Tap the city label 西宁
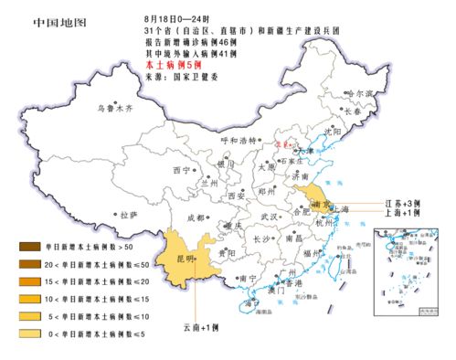click(182, 170)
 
